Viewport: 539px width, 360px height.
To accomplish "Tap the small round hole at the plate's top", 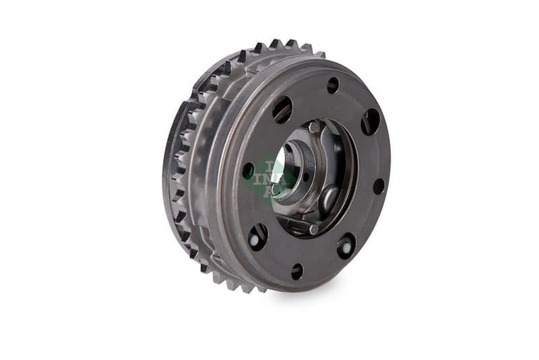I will (x=333, y=85).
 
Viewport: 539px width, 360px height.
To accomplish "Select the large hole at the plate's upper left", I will (x=282, y=109).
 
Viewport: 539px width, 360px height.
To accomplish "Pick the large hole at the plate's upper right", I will (x=370, y=122).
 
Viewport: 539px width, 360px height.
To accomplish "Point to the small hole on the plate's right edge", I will (x=379, y=186).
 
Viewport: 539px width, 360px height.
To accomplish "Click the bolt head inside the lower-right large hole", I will (x=346, y=247).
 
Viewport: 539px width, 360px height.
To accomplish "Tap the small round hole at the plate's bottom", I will (x=296, y=271).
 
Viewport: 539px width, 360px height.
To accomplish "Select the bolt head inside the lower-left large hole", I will (x=257, y=237).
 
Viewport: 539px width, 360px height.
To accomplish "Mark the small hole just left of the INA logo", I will (x=249, y=171).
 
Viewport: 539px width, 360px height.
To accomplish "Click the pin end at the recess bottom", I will (x=313, y=229).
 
